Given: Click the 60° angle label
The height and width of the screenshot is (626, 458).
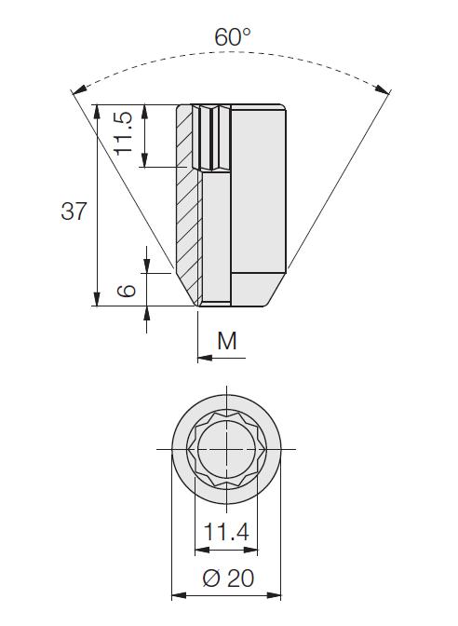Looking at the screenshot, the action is (x=233, y=37).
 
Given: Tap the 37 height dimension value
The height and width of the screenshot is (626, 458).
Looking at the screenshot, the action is (x=74, y=211).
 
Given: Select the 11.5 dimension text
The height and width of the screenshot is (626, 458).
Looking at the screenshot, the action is (x=123, y=133).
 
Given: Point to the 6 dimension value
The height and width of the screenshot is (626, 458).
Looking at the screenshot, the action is (x=127, y=291).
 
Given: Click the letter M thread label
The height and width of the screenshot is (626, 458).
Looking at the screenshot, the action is (x=227, y=341).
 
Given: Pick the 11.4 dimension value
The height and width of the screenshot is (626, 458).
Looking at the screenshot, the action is (x=226, y=531).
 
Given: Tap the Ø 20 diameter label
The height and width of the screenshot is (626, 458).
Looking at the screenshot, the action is (x=228, y=578).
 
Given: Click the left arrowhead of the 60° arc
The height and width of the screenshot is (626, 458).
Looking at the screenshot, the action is (x=79, y=89).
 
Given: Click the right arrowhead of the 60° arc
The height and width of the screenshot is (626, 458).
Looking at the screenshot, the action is (x=383, y=89).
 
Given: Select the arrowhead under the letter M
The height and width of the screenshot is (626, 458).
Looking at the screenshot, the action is (x=205, y=358).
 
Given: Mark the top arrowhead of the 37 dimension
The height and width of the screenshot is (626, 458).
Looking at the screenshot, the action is (x=97, y=112).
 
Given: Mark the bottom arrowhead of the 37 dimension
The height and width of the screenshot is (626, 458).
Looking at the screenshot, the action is (x=97, y=299).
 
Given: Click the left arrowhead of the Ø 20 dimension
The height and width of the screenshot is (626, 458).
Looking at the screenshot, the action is (x=179, y=595).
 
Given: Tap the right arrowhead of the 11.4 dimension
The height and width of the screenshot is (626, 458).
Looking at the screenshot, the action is (x=250, y=551).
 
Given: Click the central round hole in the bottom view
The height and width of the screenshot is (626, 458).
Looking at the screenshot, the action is (x=226, y=449).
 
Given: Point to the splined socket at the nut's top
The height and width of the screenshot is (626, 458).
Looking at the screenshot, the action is (x=211, y=138).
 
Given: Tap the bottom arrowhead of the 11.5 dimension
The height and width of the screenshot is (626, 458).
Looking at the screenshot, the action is (x=145, y=159).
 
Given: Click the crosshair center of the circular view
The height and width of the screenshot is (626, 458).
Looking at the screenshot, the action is (x=226, y=449).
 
